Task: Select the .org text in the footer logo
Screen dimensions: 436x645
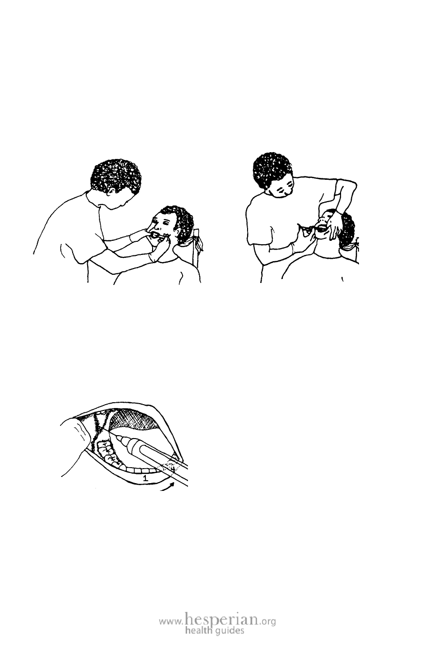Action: point(267,619)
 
